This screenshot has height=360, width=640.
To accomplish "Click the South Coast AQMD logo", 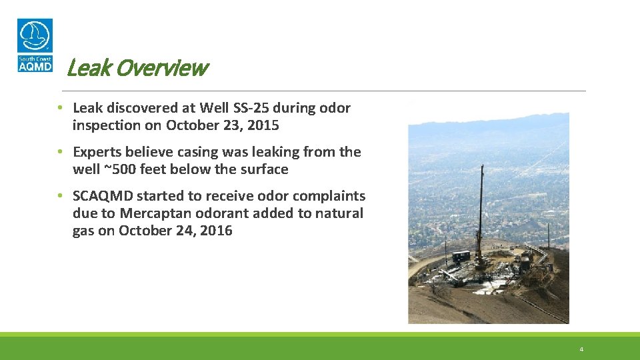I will click(35, 45).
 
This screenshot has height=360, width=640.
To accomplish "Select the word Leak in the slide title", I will click(83, 68).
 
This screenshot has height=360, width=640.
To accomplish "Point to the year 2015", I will click(263, 125).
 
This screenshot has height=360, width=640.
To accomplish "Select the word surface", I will click(264, 169).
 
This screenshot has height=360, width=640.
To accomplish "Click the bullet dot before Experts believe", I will click(60, 152).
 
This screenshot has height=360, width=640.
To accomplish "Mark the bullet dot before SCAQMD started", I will click(60, 196).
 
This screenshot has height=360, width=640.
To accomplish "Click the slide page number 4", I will click(581, 349).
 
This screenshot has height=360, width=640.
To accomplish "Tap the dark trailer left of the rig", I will click(461, 256).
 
